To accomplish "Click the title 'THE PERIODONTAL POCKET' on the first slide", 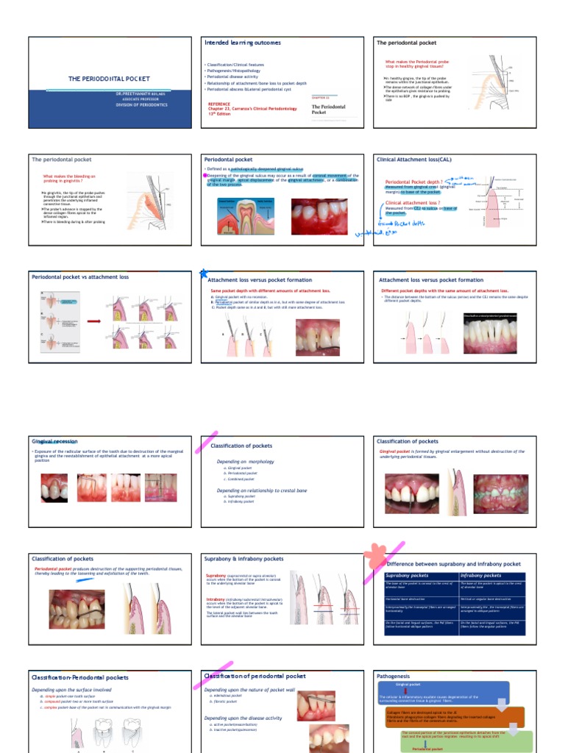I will [109, 79].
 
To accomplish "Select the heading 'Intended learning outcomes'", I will [242, 43].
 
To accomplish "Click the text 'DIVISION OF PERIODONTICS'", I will [141, 105].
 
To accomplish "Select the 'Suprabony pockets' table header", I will [408, 576].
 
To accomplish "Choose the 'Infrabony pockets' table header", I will [481, 576].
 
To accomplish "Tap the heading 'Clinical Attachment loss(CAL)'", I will [416, 159].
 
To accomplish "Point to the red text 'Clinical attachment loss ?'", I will [413, 202].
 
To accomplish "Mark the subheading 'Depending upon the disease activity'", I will [243, 718].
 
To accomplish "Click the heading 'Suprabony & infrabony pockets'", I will [244, 559].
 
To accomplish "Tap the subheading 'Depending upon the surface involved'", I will [71, 690].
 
